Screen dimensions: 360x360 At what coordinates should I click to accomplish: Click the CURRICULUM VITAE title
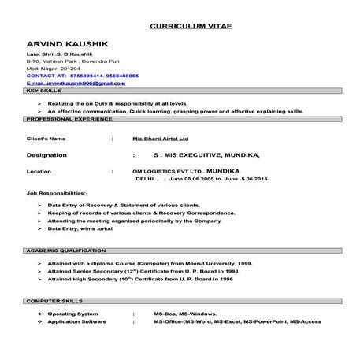190,25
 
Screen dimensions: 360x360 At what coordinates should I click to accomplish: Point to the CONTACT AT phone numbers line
72,76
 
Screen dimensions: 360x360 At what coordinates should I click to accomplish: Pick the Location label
39,170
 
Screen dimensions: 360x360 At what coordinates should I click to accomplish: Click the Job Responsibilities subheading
58,193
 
